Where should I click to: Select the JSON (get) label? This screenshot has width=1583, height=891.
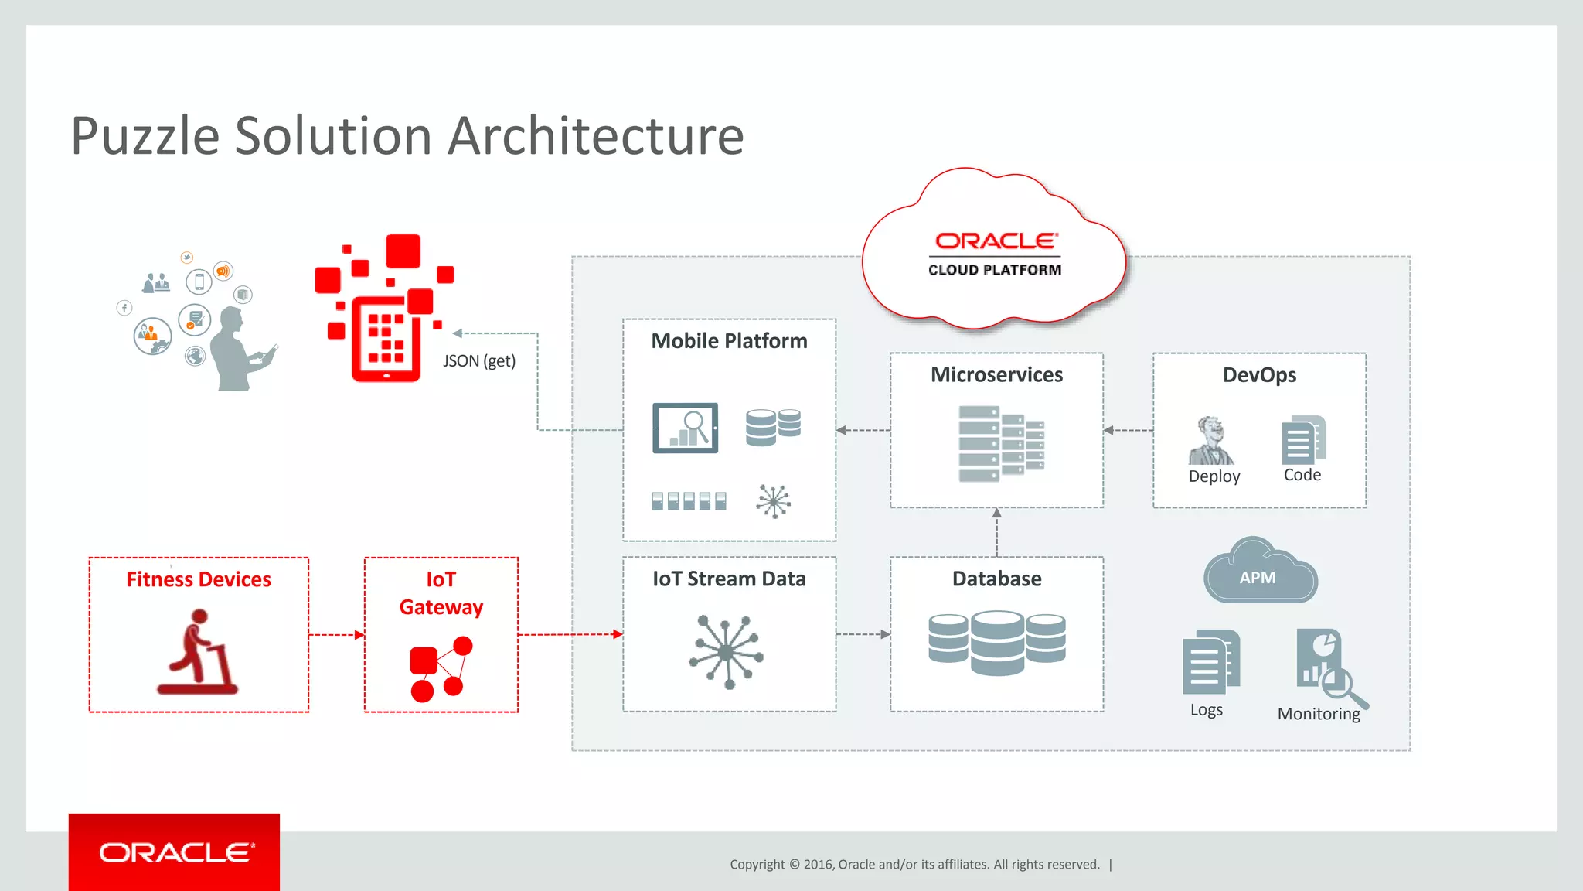click(x=479, y=360)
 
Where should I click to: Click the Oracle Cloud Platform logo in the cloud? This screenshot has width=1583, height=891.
click(x=995, y=254)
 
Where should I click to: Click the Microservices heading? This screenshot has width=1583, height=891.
click(x=996, y=375)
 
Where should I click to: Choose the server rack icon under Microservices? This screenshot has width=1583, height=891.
click(x=1000, y=444)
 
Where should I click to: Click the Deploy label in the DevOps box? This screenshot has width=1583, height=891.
click(x=1214, y=476)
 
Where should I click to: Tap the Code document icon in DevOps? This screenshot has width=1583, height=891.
click(x=1302, y=440)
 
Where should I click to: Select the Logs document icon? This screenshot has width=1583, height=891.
click(x=1210, y=662)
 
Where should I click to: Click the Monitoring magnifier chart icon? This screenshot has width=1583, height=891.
click(x=1328, y=667)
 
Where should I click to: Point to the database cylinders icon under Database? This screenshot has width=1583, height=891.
click(x=997, y=642)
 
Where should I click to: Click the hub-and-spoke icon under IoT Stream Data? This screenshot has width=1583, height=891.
click(x=727, y=652)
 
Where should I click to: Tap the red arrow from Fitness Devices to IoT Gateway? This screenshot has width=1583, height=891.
click(x=336, y=635)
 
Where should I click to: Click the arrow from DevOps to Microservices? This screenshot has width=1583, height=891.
click(x=1128, y=430)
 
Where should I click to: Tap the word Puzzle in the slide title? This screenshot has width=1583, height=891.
click(x=145, y=137)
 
